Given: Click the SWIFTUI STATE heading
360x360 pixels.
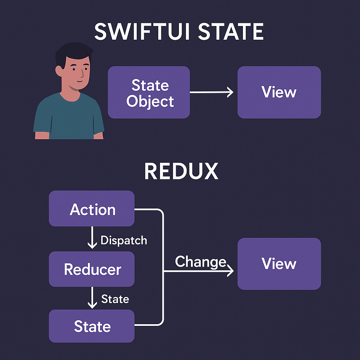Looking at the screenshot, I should point(179,32).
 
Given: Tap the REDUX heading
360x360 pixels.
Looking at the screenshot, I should point(181,172).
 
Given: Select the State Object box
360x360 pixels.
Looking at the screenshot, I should point(149,92).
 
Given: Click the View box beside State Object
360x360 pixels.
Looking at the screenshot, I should point(279,92).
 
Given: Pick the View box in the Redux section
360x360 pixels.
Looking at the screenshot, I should point(279,264).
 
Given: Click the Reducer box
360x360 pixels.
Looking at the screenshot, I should point(92,269).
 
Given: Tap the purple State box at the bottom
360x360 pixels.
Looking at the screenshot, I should point(92,326).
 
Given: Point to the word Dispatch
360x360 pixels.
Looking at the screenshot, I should point(123,240).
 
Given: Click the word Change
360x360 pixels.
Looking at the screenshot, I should point(200,262).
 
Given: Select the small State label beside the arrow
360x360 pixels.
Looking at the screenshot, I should point(115,299).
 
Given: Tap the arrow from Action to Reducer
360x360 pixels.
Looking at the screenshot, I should point(92,239).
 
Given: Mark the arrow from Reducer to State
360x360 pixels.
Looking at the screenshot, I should point(92,298).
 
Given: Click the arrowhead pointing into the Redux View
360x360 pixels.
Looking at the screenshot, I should point(230,271).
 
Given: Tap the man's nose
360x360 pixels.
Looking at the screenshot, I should point(82,74).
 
